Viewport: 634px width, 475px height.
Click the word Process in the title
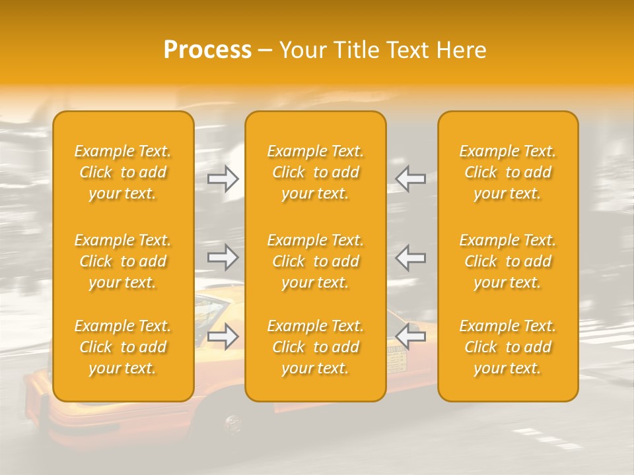[207, 50]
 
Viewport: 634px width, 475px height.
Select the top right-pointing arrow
[223, 179]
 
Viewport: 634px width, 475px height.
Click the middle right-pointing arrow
[223, 257]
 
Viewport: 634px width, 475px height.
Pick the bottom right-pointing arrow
[223, 336]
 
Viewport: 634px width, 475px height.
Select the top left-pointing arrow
[410, 179]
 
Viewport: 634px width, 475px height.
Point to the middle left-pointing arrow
[410, 257]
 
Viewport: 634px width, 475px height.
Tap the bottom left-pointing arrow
[410, 336]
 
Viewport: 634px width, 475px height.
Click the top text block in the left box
[123, 172]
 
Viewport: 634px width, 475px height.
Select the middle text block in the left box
[123, 261]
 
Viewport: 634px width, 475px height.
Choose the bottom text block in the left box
[123, 347]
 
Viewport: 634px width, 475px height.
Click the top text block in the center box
[316, 172]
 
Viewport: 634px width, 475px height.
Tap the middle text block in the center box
[316, 261]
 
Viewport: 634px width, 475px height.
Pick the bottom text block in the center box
[316, 347]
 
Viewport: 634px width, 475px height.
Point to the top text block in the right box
[508, 172]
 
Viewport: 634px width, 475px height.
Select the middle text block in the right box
[508, 261]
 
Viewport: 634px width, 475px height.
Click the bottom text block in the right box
[508, 347]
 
